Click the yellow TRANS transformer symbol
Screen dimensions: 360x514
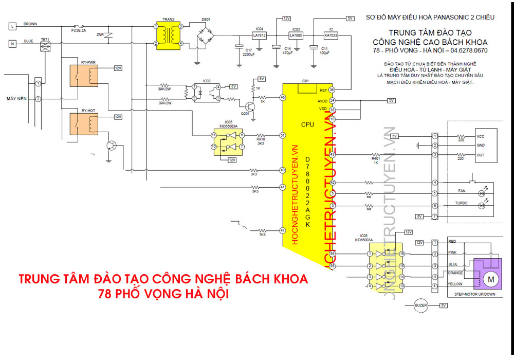[x=169, y=35]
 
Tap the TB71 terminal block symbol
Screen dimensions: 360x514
[x=45, y=46]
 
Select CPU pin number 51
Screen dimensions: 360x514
[x=282, y=135]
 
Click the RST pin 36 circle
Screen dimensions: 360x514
[x=332, y=89]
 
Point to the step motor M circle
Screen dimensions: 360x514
[x=490, y=279]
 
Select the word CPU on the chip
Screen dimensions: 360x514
[x=307, y=124]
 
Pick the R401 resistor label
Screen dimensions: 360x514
[x=376, y=160]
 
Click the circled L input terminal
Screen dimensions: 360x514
[x=12, y=25]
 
